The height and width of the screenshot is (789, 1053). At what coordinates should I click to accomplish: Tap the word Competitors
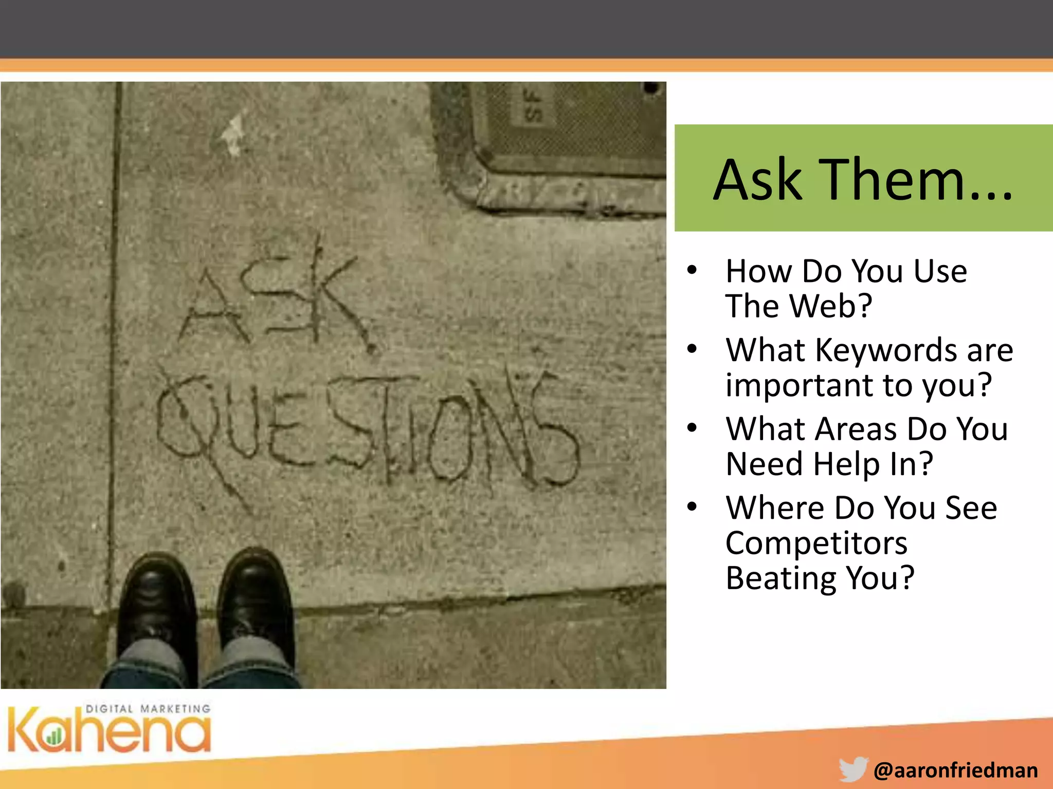coord(816,543)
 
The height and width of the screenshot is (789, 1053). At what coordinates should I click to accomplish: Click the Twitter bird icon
coord(853,769)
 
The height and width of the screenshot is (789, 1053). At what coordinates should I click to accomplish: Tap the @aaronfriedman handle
coord(955,771)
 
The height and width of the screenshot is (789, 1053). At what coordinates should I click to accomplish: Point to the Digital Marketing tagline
coord(148,709)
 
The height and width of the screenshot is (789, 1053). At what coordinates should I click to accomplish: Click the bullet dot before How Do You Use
coord(692,270)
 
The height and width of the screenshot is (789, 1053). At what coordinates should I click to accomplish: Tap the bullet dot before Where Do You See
coord(692,507)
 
